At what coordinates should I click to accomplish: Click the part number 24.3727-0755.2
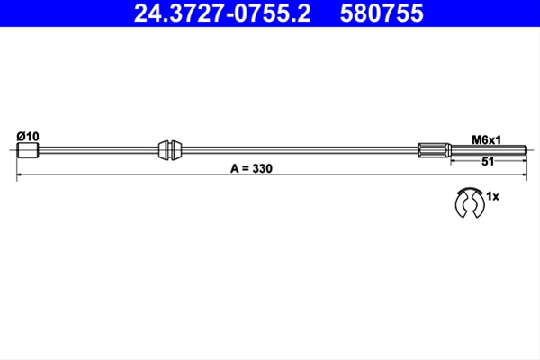click(222, 13)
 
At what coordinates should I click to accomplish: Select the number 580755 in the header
click(382, 13)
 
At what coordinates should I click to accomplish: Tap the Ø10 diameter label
click(28, 137)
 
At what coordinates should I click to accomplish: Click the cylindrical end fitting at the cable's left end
click(28, 150)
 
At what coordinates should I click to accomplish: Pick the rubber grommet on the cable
click(170, 150)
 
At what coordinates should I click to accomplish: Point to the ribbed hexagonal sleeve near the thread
click(435, 150)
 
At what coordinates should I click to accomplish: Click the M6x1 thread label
click(486, 139)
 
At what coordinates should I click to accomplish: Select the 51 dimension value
click(488, 162)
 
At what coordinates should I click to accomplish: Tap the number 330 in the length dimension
click(263, 169)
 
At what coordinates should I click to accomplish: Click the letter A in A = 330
click(235, 169)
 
